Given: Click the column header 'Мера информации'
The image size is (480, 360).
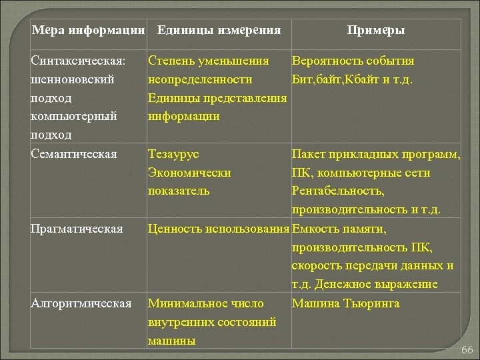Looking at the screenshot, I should click(88, 31).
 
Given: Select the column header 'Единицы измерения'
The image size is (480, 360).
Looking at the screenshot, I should click(219, 31).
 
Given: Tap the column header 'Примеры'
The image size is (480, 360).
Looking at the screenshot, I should click(376, 31).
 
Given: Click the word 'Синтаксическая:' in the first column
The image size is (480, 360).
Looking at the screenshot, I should click(79, 61).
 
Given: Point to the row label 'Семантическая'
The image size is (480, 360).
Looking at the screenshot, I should click(74, 155).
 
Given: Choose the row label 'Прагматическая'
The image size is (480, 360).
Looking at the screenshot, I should click(77, 229).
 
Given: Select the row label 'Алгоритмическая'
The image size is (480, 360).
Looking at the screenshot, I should click(81, 304).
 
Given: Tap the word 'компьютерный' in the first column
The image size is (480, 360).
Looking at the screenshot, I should click(74, 117).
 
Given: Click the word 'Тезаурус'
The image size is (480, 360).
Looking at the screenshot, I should click(173, 155).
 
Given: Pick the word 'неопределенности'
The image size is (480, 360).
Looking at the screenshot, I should click(200, 80).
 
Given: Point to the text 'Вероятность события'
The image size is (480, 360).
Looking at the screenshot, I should click(353, 61).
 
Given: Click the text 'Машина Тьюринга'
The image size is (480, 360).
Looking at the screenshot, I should click(345, 304).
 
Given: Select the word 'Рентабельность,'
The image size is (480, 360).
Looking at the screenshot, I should click(337, 191).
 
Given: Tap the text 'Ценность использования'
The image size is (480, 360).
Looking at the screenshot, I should click(218, 229).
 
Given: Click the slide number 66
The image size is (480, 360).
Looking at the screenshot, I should click(466, 350).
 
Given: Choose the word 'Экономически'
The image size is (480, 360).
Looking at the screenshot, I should click(189, 173).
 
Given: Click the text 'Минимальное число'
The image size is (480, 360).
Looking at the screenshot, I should click(205, 304).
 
